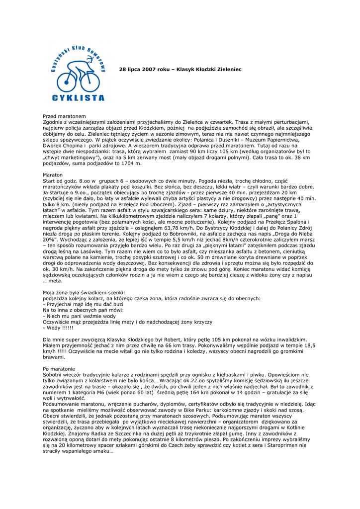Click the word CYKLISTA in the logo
coord(78,97)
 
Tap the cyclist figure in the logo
coord(78,72)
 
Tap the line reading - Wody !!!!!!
coord(58,328)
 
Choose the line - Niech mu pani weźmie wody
coord(80,316)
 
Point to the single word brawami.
coord(54,356)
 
